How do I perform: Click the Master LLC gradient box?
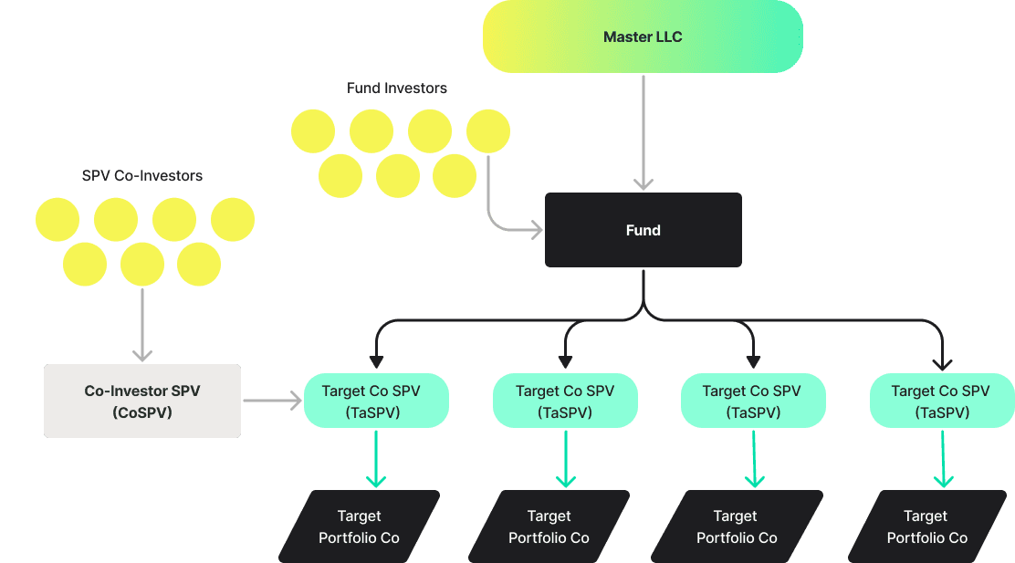[643, 36]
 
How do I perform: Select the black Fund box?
[643, 230]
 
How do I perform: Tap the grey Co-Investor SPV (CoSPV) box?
[142, 401]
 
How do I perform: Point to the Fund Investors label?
[397, 89]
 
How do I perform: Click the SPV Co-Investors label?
[142, 175]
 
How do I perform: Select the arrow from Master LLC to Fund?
[644, 132]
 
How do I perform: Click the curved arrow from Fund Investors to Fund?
[502, 219]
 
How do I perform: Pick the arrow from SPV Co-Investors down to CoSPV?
[141, 324]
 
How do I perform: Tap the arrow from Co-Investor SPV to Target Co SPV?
[272, 400]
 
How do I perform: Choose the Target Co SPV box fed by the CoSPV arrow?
[375, 401]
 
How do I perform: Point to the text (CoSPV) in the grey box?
[142, 412]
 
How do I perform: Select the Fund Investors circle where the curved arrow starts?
[487, 132]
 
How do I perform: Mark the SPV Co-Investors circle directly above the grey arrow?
[141, 266]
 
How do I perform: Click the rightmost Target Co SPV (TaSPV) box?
[940, 401]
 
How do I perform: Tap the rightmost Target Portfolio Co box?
[926, 527]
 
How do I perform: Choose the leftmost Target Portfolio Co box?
[359, 527]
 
